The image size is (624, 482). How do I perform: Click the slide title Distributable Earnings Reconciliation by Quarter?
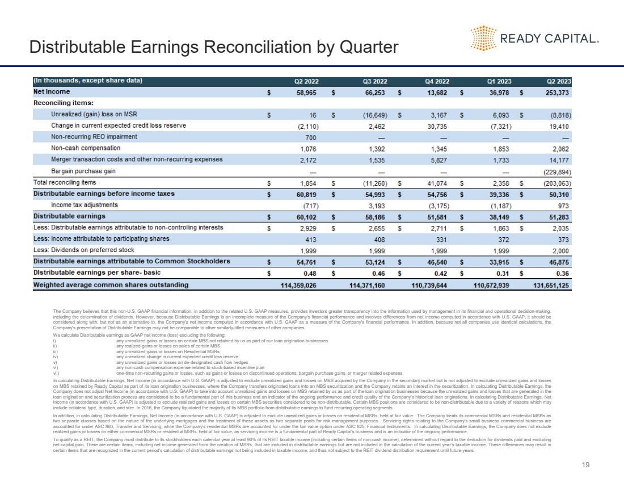(x=214, y=47)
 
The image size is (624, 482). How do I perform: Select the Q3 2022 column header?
(x=374, y=81)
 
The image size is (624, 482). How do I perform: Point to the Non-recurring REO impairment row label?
(x=94, y=137)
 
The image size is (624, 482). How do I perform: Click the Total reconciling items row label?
(x=65, y=182)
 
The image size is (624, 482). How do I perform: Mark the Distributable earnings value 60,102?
(x=309, y=216)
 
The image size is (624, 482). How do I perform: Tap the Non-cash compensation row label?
(x=86, y=148)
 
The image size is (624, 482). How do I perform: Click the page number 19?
(x=586, y=465)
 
